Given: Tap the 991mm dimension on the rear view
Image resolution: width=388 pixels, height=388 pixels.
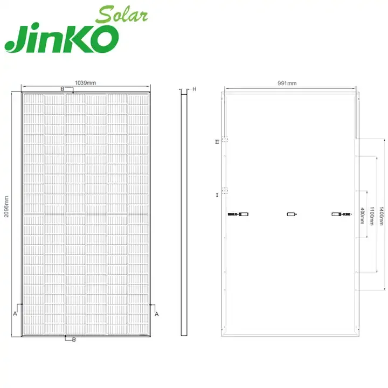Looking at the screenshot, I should (x=288, y=84).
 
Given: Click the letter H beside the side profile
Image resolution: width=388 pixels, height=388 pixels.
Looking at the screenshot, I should (x=194, y=88).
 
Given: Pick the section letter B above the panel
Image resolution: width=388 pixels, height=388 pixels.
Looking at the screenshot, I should (x=62, y=88).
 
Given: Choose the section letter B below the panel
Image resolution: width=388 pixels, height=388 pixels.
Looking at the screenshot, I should (x=74, y=339).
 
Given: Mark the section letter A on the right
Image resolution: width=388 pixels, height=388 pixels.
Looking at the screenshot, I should (x=156, y=313).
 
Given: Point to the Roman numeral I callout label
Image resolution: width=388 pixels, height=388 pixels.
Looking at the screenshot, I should (x=217, y=194).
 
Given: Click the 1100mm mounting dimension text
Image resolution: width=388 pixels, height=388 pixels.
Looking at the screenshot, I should (x=372, y=208).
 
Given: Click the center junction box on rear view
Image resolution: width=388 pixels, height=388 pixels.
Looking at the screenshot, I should (x=291, y=214).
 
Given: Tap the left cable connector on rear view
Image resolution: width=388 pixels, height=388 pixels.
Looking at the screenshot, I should (x=238, y=214).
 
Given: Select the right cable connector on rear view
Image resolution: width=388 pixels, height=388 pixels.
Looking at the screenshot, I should (x=343, y=214).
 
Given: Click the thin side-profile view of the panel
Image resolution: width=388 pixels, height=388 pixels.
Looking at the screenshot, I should (x=183, y=213).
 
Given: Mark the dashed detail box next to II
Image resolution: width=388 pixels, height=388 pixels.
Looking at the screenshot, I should (x=225, y=140).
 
